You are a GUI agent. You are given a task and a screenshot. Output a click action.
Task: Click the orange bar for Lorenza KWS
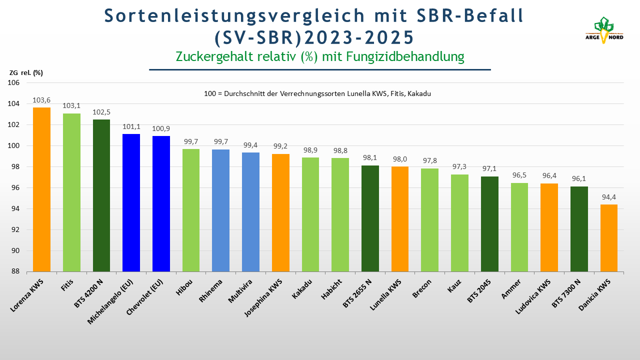41,190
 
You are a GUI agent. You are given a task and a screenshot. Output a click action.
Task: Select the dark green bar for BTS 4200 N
101,195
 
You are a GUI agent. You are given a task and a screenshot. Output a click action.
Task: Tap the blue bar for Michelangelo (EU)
131,203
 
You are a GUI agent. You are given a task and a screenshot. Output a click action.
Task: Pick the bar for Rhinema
221,210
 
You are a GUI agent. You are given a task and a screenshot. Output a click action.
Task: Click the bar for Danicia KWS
609,238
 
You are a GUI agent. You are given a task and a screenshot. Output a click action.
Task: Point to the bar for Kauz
459,223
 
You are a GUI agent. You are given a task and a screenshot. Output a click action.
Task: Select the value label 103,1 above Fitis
71,106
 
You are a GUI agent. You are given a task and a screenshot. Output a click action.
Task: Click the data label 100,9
161,128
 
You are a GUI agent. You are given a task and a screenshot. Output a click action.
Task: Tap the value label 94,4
609,197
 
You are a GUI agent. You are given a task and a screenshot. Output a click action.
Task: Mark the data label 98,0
400,159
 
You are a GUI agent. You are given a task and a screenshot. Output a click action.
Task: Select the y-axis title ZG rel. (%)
26,73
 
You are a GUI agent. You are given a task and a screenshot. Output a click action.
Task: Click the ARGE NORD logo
604,30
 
